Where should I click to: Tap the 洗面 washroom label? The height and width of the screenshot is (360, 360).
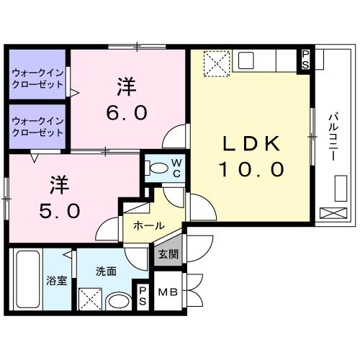point(106,271)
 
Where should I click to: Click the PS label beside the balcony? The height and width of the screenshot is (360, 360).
point(306,58)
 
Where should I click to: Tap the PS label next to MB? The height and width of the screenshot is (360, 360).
point(143,296)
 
